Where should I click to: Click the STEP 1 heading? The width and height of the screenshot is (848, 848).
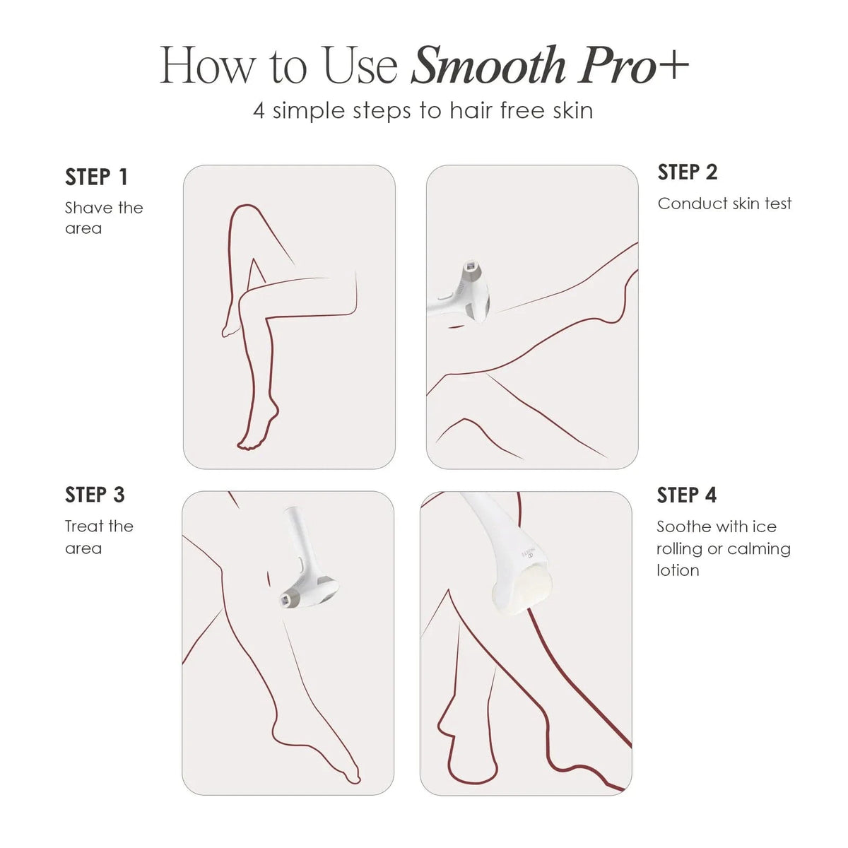(96, 177)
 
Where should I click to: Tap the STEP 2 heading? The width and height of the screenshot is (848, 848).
(687, 172)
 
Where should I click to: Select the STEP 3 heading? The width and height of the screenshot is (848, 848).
(95, 495)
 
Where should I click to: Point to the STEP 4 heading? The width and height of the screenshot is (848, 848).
(686, 495)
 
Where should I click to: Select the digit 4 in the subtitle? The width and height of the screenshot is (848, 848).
(259, 112)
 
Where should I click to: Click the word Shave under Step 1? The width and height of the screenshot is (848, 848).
(88, 208)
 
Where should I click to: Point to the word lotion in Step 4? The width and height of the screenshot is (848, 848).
(677, 570)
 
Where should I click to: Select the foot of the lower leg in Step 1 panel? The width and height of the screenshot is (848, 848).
(252, 430)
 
